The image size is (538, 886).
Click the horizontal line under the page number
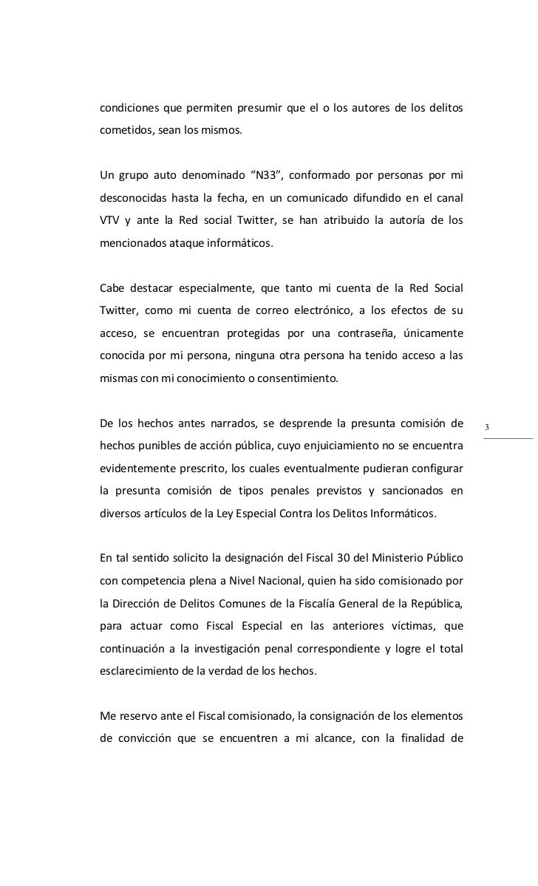pos(508,438)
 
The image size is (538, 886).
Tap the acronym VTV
pos(112,219)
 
